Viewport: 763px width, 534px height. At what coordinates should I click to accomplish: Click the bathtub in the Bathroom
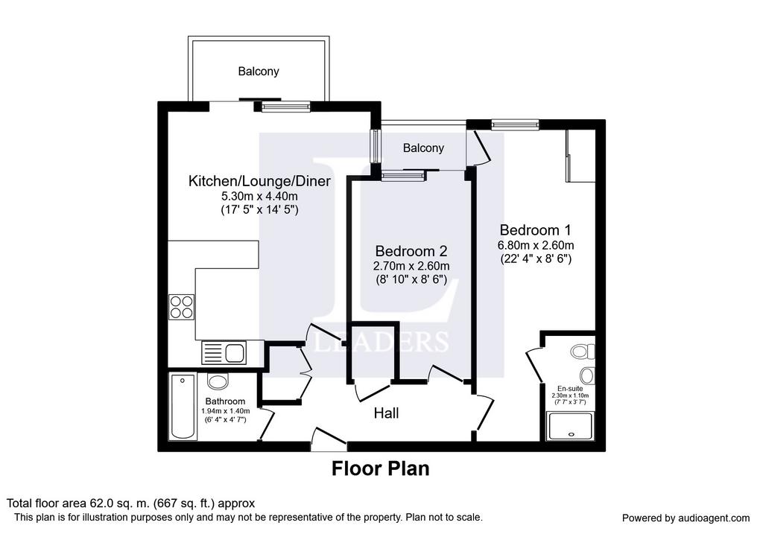pyautogui.click(x=183, y=407)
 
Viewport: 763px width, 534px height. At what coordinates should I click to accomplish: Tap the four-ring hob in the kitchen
pyautogui.click(x=182, y=307)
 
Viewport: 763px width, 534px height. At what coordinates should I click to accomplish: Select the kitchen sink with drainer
pyautogui.click(x=224, y=353)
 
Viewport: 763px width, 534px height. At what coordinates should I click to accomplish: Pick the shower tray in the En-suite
pyautogui.click(x=570, y=426)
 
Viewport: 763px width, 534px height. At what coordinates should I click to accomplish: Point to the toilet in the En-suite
pyautogui.click(x=583, y=351)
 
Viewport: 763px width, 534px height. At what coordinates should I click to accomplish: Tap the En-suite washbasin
pyautogui.click(x=587, y=375)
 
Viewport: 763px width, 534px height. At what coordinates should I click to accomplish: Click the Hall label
pyautogui.click(x=387, y=413)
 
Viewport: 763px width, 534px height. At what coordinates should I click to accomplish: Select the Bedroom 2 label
pyautogui.click(x=411, y=252)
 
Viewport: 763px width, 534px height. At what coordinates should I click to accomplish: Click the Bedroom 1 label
pyautogui.click(x=535, y=230)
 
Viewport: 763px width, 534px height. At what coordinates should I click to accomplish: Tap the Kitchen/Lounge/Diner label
pyautogui.click(x=259, y=182)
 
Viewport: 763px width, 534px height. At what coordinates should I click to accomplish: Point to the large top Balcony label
pyautogui.click(x=259, y=71)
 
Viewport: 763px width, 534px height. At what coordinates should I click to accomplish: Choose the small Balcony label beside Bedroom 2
pyautogui.click(x=423, y=148)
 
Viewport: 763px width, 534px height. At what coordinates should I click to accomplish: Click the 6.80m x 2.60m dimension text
pyautogui.click(x=535, y=245)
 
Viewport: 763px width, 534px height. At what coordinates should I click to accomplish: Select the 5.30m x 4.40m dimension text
pyautogui.click(x=259, y=197)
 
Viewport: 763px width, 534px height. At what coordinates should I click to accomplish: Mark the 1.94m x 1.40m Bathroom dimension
pyautogui.click(x=225, y=411)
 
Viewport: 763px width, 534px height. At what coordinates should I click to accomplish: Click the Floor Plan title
pyautogui.click(x=381, y=468)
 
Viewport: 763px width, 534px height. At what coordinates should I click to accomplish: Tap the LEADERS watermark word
pyautogui.click(x=381, y=342)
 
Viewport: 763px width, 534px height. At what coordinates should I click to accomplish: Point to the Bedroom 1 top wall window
pyautogui.click(x=516, y=124)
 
